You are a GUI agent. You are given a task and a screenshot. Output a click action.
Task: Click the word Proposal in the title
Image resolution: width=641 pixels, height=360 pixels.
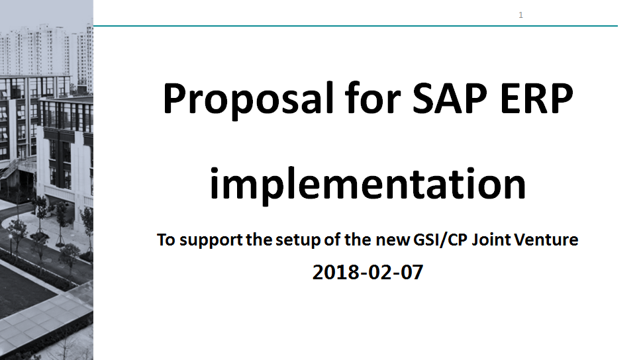pos(248,100)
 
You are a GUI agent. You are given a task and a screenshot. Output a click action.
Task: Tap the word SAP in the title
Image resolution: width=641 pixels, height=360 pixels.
pos(450,98)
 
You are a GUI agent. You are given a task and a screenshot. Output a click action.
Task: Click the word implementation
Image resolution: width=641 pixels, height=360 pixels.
pos(368,184)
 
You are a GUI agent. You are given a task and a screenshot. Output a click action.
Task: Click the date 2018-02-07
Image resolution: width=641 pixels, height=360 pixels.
pos(368,272)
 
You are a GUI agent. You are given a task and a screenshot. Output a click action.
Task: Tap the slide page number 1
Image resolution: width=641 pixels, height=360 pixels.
pos(520,15)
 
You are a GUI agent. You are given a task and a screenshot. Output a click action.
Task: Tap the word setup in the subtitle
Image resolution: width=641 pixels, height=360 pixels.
pos(298,240)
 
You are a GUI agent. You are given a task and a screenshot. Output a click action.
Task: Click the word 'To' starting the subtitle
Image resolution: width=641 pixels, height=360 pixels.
pos(166,240)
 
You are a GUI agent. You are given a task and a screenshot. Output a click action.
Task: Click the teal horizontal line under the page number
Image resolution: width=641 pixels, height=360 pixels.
pos(355,26)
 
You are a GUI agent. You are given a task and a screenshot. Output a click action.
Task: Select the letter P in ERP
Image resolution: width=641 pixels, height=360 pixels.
pos(560,98)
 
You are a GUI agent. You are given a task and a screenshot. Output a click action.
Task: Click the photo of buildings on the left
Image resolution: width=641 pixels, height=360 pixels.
pos(46,180)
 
